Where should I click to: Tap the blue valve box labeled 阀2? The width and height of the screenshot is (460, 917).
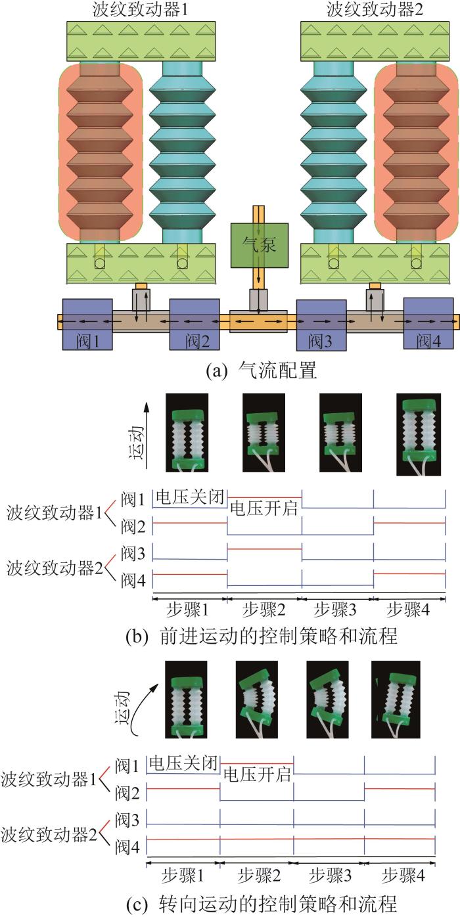tap(195, 324)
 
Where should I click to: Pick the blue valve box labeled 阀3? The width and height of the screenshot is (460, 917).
tap(321, 324)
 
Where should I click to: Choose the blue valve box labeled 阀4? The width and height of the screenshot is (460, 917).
tap(428, 324)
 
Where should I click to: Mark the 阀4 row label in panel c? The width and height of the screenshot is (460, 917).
tap(126, 847)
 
